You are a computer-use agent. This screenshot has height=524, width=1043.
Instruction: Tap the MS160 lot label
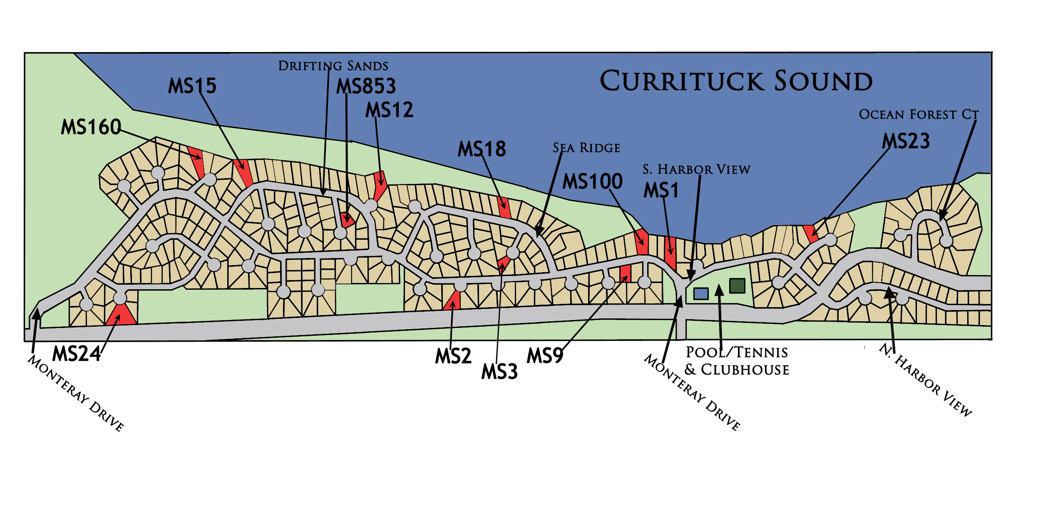[91, 127]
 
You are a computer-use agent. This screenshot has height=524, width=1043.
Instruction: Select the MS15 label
[192, 86]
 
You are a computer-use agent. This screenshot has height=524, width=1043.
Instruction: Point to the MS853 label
[366, 87]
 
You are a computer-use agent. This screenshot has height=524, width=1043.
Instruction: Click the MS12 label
[389, 110]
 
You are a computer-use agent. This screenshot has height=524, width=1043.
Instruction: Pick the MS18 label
[482, 149]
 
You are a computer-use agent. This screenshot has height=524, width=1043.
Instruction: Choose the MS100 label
[592, 181]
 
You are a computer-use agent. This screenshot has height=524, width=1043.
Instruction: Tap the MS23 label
[906, 141]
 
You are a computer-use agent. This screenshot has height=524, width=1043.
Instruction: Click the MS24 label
[77, 354]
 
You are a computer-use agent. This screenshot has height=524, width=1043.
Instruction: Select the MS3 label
[499, 372]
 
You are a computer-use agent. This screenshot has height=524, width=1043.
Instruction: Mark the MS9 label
[545, 356]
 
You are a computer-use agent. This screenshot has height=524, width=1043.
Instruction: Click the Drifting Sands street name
[333, 66]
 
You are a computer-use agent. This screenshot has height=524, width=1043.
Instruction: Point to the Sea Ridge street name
[586, 148]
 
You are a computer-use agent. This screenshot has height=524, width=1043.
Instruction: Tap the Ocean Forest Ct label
[919, 114]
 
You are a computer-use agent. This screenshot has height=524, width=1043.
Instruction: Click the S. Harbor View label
[696, 169]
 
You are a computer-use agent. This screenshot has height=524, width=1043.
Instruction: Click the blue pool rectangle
[701, 294]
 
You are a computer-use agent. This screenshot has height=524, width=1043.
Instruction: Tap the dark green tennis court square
[737, 286]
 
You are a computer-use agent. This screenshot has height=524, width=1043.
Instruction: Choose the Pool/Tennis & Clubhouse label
[737, 361]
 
